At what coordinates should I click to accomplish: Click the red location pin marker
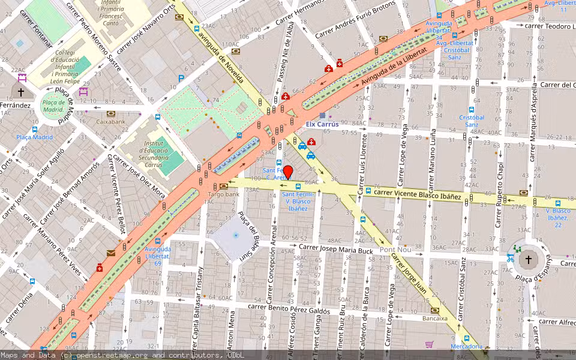(x=288, y=173)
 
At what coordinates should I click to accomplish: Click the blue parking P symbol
(x=181, y=78)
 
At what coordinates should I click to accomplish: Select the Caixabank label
(x=111, y=121)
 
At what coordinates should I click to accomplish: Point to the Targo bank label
(x=224, y=194)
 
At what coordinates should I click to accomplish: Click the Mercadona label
(x=466, y=346)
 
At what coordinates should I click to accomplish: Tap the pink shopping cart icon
(x=429, y=344)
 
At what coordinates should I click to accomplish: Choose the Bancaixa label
(x=435, y=319)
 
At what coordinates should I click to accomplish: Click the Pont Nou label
(x=395, y=250)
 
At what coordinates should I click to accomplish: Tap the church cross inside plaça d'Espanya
(x=528, y=260)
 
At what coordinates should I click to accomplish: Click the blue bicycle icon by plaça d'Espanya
(x=510, y=258)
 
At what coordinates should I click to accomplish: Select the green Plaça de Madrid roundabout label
(x=53, y=106)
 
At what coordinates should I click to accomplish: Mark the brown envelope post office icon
(x=111, y=253)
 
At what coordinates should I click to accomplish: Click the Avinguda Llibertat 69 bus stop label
(x=157, y=256)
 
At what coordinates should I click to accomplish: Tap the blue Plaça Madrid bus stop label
(x=34, y=137)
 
